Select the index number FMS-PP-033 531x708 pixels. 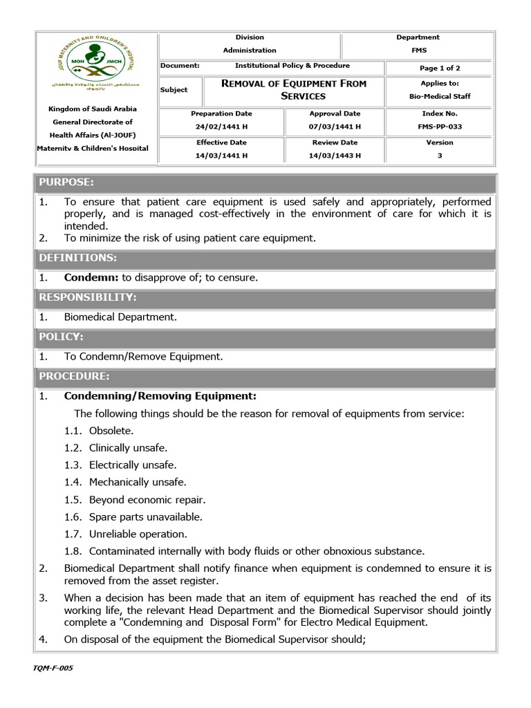tap(439, 127)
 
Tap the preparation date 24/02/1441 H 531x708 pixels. tap(221, 127)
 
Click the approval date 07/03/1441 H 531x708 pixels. tap(335, 127)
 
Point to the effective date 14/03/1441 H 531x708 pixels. tap(221, 156)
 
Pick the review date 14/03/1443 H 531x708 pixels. tap(335, 156)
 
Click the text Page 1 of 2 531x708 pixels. tap(440, 68)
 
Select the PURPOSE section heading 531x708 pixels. tap(66, 183)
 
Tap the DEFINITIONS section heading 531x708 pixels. tap(77, 258)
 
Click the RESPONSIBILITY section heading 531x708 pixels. tap(88, 297)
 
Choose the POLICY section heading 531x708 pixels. tap(61, 337)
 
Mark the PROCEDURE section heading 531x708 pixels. tap(73, 376)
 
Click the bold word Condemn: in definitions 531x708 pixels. tap(91, 278)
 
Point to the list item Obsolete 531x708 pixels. tap(112, 431)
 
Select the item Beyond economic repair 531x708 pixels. tap(147, 499)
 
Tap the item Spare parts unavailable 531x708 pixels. tap(145, 516)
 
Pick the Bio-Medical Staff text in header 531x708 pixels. tap(439, 97)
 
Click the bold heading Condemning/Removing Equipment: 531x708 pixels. tap(160, 396)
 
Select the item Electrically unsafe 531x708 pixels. tap(133, 465)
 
